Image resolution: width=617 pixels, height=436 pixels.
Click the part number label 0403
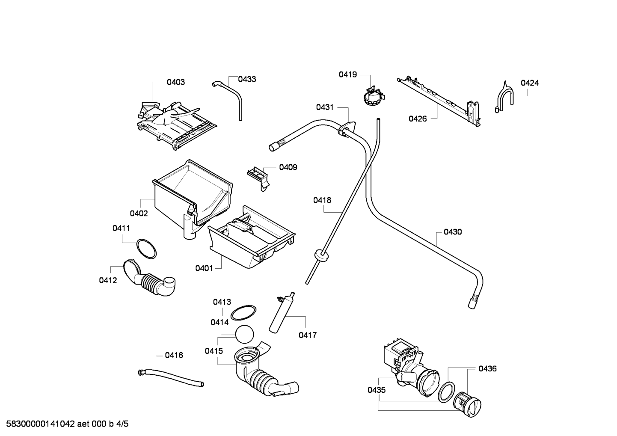(x=176, y=82)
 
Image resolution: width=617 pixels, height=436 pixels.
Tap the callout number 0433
(x=247, y=79)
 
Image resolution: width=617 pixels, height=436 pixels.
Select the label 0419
(x=348, y=74)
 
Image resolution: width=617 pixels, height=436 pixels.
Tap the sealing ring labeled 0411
(x=146, y=249)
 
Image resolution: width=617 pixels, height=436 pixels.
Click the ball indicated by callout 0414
(x=244, y=334)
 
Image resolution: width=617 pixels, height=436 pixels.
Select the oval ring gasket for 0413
(x=243, y=313)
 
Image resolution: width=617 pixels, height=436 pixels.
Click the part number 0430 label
(x=453, y=232)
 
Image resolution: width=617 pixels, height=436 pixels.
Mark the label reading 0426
(x=418, y=119)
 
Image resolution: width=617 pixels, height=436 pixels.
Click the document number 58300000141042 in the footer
(x=40, y=424)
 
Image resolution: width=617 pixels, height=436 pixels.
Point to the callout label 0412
(x=108, y=280)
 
